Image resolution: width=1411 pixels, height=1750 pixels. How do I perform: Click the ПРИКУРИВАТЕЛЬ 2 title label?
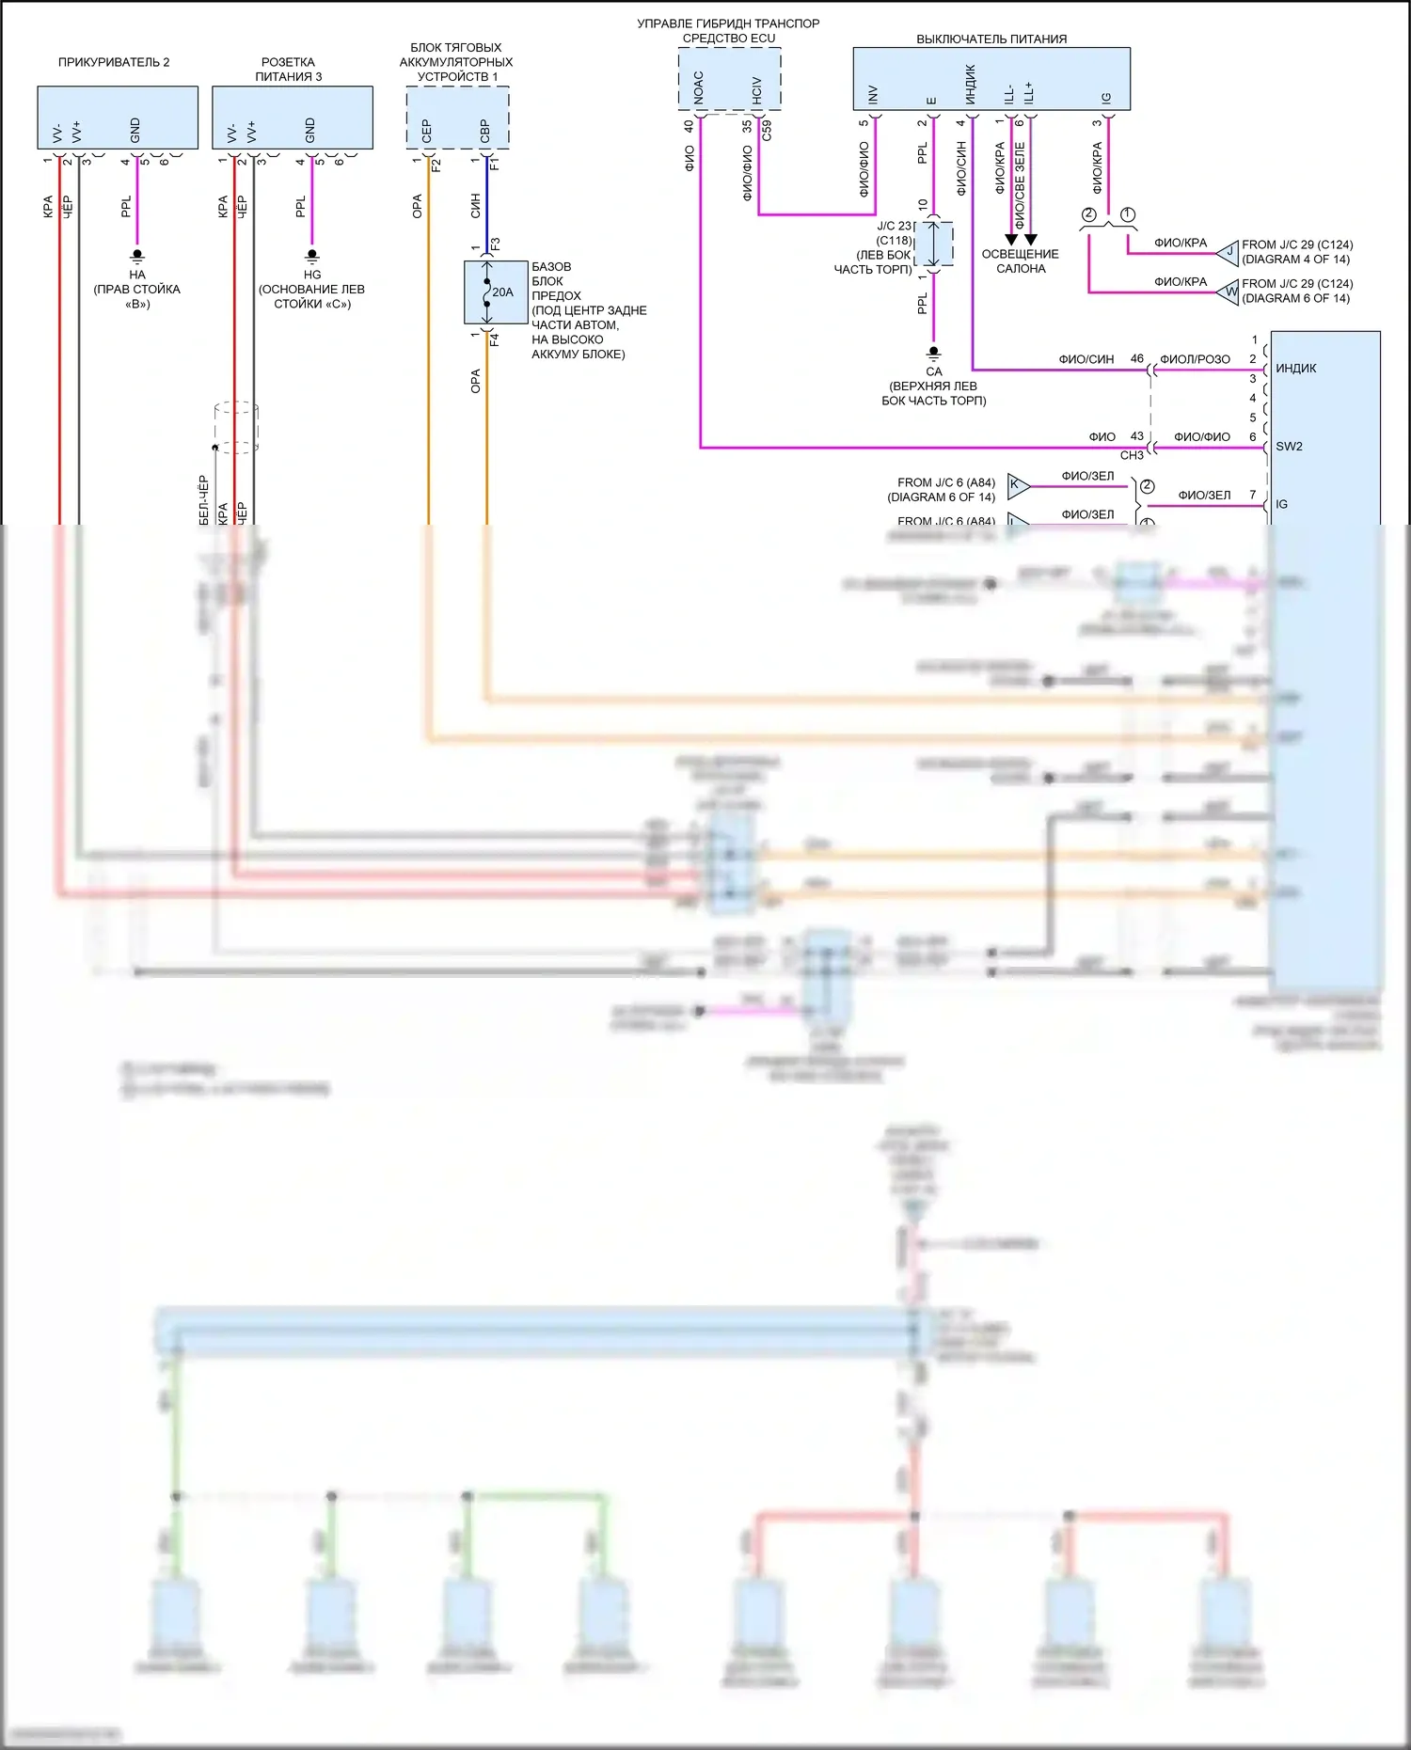tap(114, 62)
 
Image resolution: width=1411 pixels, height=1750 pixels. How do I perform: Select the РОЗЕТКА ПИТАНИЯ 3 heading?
tap(289, 70)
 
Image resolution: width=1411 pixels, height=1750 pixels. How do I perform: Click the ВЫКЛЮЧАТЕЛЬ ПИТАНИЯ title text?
tap(991, 39)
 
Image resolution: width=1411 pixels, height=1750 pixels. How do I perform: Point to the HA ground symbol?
tap(137, 256)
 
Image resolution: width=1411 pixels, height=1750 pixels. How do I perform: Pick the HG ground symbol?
tap(312, 256)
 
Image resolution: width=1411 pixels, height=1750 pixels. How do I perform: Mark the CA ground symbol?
tap(933, 354)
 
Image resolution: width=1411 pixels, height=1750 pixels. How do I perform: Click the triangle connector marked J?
tap(1229, 252)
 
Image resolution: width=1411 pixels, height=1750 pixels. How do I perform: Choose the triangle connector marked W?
tap(1229, 292)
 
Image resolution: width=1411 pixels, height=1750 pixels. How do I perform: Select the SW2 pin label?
tap(1290, 447)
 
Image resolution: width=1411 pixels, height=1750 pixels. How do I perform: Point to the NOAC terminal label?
tap(698, 87)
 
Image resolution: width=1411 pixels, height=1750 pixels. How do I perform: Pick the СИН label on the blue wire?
tap(475, 206)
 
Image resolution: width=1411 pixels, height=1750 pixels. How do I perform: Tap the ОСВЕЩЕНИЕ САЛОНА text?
tap(1020, 261)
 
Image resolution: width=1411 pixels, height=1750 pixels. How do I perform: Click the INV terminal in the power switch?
tap(873, 94)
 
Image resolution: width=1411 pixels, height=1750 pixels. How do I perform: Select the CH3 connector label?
tap(1132, 455)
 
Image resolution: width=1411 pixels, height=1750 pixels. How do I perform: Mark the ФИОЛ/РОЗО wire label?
tap(1195, 359)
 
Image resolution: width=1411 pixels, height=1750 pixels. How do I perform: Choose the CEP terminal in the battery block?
tap(426, 131)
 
